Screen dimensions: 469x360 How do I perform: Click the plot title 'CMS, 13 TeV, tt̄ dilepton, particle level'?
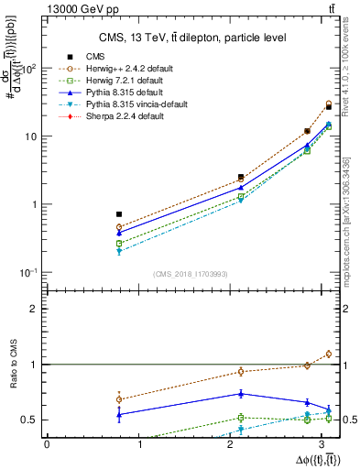click(191, 38)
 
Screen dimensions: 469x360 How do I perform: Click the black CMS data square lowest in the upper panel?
click(119, 214)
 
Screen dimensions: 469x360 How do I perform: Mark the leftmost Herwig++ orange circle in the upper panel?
click(119, 227)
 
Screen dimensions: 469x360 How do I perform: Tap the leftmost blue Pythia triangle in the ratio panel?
click(119, 414)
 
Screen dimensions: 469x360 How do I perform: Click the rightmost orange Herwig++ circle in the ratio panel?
click(328, 354)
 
